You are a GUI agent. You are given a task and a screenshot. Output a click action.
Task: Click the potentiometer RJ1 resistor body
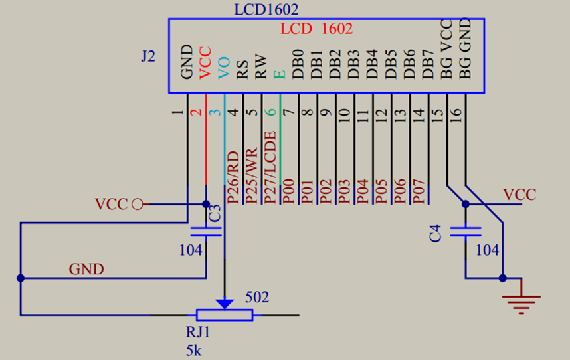[225, 315]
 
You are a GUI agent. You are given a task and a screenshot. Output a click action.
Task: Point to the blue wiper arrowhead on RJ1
[225, 303]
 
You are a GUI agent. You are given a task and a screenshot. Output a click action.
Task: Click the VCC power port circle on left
[138, 204]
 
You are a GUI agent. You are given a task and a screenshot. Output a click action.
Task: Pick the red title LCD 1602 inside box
[316, 29]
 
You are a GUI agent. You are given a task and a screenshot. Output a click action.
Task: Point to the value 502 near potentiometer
[257, 297]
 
